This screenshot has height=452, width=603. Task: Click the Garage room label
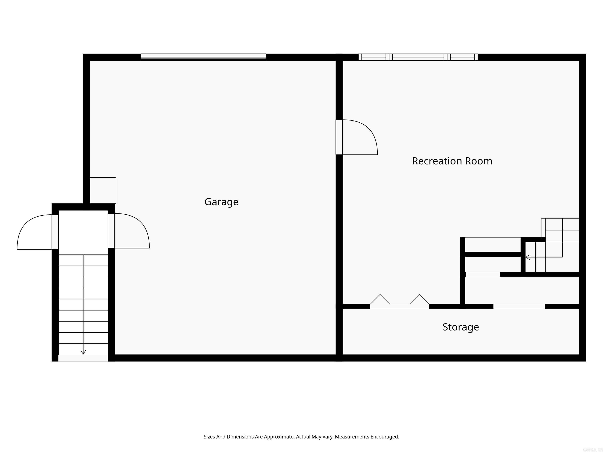pos(221,202)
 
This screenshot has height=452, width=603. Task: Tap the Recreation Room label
pos(452,161)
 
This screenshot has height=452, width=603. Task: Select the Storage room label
pos(460,327)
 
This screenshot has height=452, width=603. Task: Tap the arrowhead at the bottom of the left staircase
pos(83,352)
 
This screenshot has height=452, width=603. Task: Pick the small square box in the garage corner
pos(103,190)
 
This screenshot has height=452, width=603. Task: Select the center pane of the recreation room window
pos(418,57)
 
